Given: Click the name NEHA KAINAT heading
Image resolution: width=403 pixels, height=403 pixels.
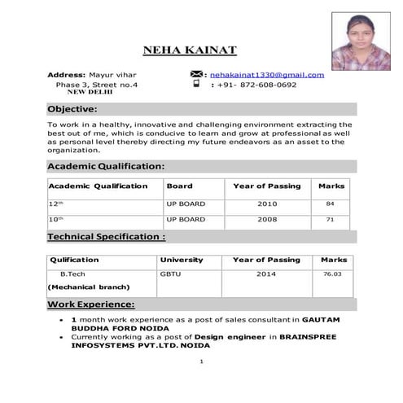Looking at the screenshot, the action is [x=190, y=50].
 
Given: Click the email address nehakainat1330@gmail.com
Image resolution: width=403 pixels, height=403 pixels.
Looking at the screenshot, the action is [x=266, y=75].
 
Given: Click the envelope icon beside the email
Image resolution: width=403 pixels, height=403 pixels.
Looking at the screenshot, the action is [x=196, y=74].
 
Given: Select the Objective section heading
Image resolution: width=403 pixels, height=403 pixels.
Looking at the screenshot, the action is [x=72, y=108].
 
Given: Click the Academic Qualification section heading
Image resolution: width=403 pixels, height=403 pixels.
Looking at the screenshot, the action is [x=106, y=166].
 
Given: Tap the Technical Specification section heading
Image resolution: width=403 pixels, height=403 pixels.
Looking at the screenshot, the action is [x=107, y=237].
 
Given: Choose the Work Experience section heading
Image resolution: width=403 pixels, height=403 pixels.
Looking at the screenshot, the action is [x=90, y=304].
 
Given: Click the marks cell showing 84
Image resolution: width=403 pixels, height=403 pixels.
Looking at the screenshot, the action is [x=330, y=204].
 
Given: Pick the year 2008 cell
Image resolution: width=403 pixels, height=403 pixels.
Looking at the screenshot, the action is [x=267, y=220].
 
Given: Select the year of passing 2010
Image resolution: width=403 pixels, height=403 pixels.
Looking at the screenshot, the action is [x=267, y=204].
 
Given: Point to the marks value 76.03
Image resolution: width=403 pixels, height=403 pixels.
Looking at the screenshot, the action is [x=332, y=274].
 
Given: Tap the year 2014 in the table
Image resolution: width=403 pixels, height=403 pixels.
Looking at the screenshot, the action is [x=266, y=274].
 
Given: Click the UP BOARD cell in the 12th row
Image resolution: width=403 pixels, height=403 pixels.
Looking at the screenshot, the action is [x=186, y=204].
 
